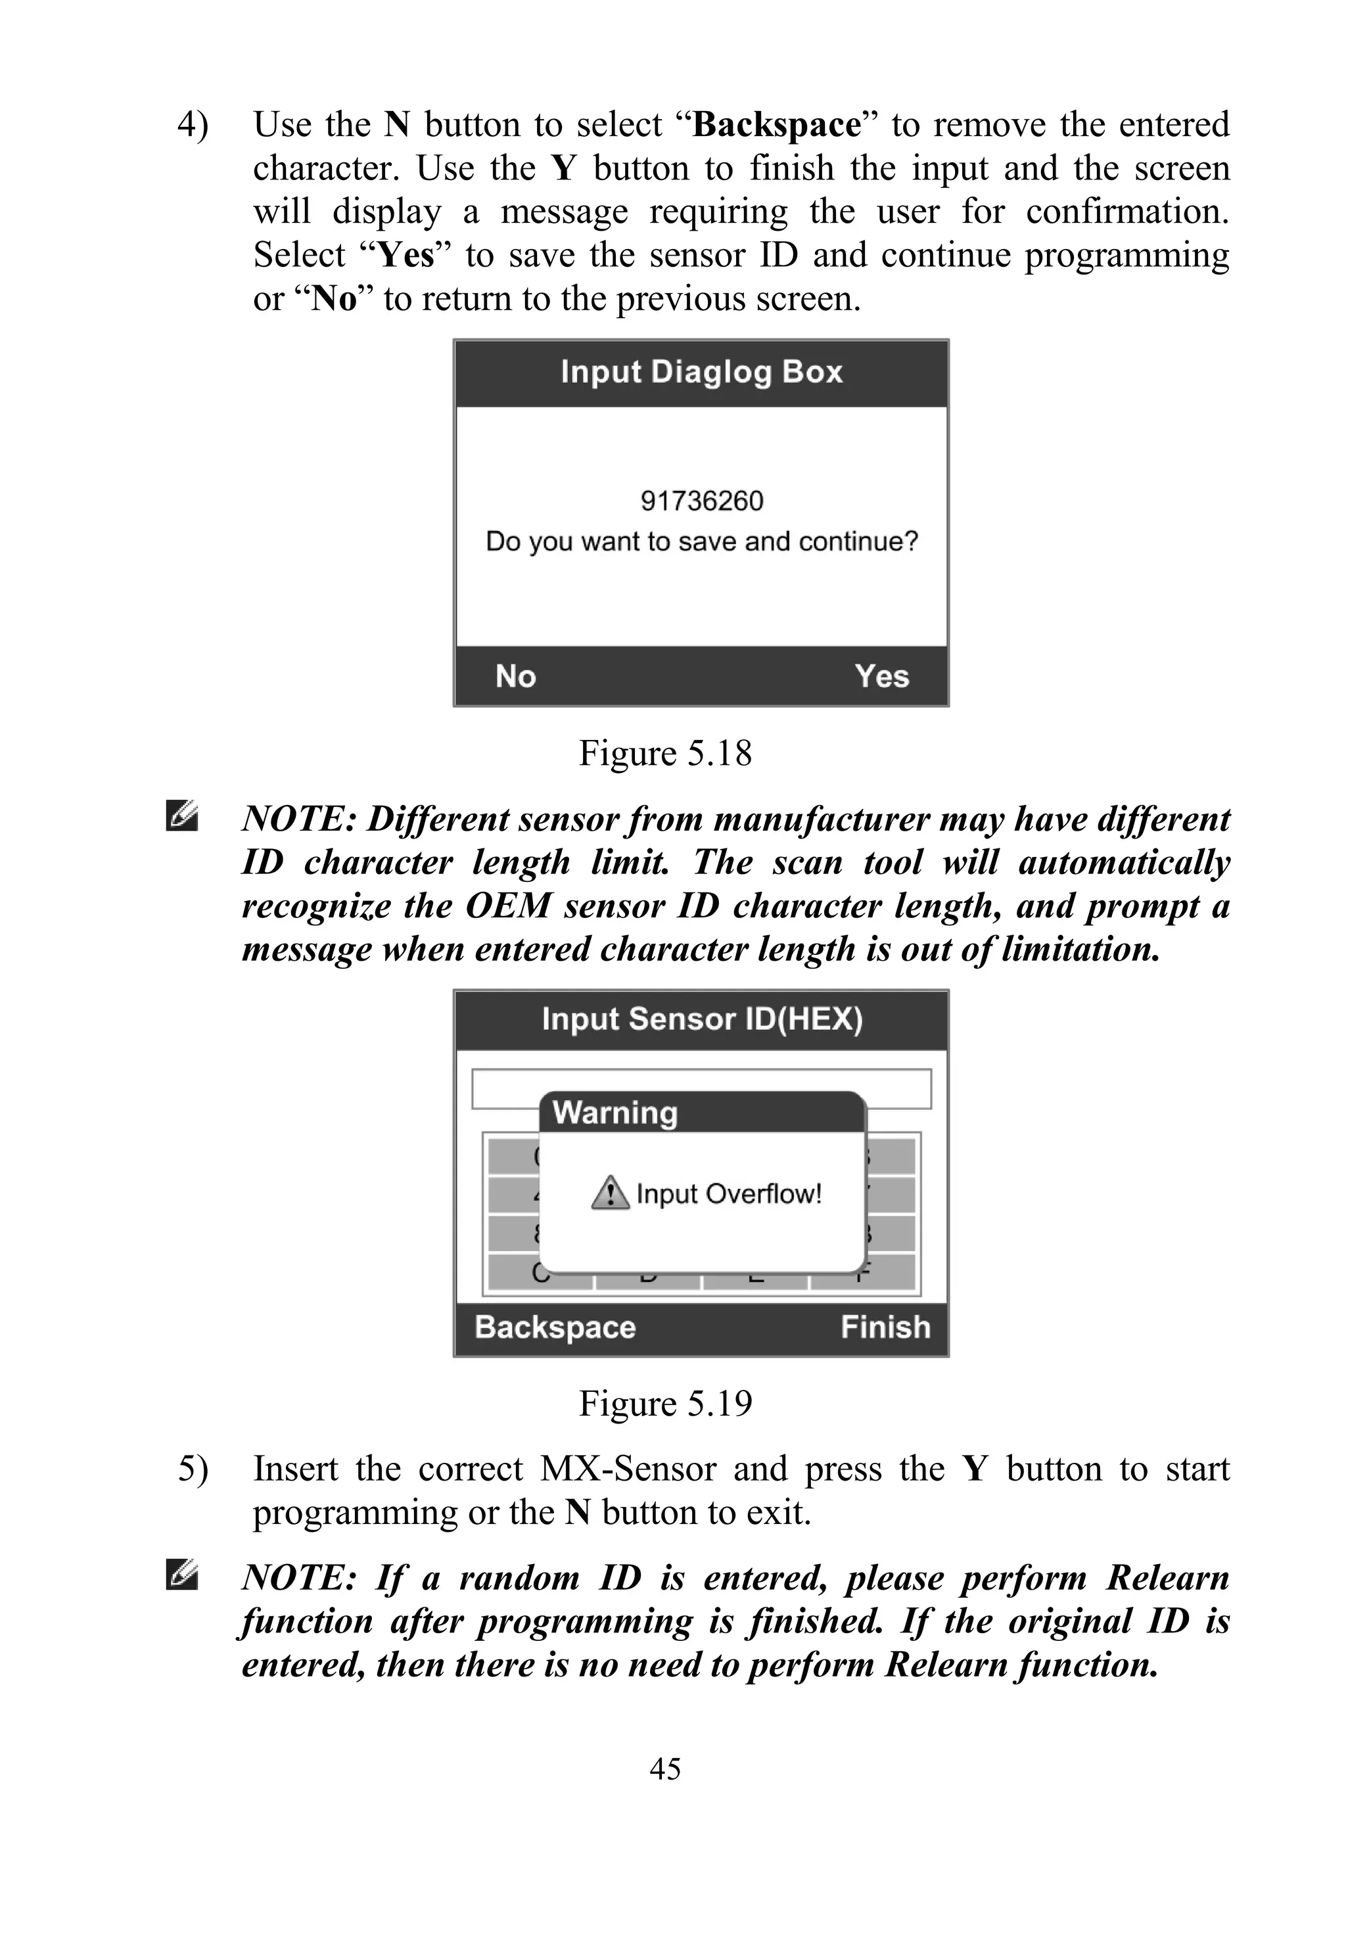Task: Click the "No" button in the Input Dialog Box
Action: point(515,676)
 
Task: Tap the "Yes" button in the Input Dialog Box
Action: point(881,676)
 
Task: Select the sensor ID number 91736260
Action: point(702,501)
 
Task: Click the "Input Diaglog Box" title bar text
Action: point(702,372)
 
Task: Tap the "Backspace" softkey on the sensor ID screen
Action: point(555,1327)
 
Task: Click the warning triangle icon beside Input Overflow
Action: point(610,1193)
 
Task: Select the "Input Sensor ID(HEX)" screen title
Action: point(702,1019)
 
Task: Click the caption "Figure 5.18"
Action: point(664,753)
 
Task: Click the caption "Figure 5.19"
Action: point(664,1403)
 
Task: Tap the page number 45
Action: point(664,1768)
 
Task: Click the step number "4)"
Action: point(193,125)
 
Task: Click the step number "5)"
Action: point(193,1469)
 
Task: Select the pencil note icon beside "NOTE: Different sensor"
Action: point(182,816)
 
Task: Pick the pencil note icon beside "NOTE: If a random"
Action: point(182,1575)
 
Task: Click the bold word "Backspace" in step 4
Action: point(777,125)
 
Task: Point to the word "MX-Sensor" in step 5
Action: point(628,1469)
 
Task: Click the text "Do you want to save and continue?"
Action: point(702,542)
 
